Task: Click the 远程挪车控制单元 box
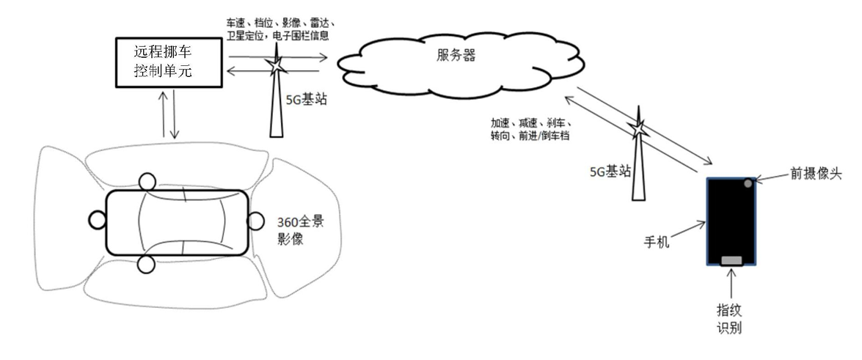point(169,62)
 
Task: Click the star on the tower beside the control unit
point(276,65)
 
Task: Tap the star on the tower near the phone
point(638,131)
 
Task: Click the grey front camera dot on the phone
point(748,183)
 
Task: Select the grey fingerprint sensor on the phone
point(731,260)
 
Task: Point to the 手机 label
point(657,242)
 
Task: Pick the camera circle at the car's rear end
point(98,220)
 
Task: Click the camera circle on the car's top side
point(147,182)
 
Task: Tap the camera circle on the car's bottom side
point(146,265)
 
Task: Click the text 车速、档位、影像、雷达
point(280,25)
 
